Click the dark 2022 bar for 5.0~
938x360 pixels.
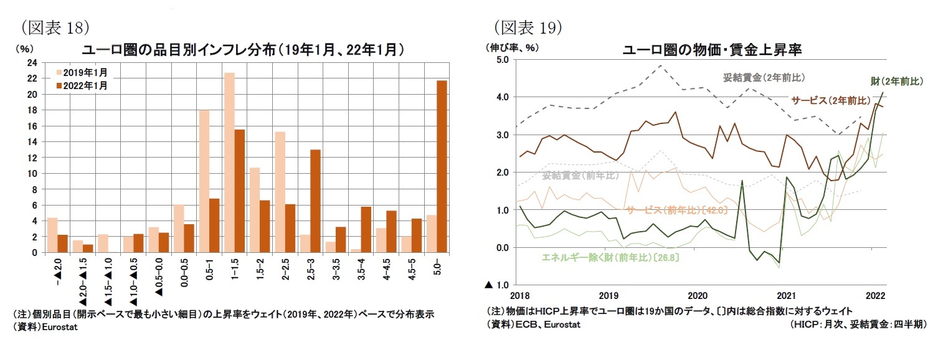point(442,166)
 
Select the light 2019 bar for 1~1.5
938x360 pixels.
point(229,163)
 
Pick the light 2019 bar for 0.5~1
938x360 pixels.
point(204,181)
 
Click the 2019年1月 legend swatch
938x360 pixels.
point(59,72)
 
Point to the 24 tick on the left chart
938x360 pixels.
point(32,63)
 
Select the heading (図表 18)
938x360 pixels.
point(57,27)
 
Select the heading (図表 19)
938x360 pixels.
point(529,27)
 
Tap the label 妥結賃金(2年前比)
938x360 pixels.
point(764,78)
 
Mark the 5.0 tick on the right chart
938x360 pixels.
point(502,60)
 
